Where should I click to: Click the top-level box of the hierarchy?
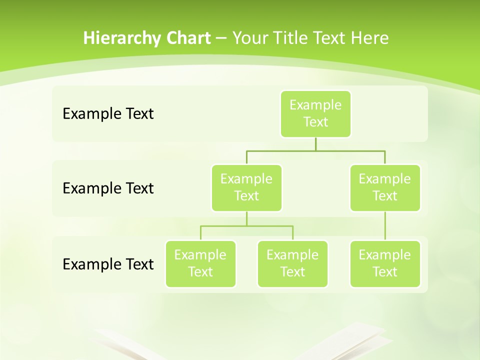point(315,114)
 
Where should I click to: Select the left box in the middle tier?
point(246,188)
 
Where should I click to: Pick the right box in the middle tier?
point(385,188)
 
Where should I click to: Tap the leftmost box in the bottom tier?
point(200,264)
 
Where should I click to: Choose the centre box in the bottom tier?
point(292,264)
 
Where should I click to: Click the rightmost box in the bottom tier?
point(385,264)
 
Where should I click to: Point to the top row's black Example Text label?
point(108,114)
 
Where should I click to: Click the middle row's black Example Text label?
point(108,188)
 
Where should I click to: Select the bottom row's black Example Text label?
point(108,264)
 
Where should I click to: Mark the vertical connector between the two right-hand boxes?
point(385,226)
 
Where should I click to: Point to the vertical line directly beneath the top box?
point(315,144)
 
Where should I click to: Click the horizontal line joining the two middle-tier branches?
point(315,150)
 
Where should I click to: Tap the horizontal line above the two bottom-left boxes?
point(246,226)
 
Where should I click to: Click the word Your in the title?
point(248,38)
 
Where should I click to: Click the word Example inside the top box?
point(315,105)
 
